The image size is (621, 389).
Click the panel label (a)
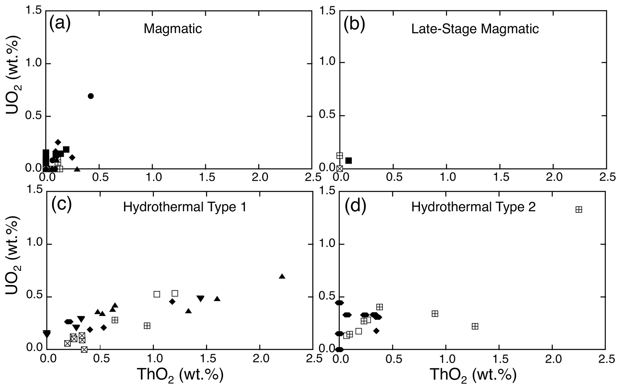point(60,23)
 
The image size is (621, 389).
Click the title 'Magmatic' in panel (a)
point(173,29)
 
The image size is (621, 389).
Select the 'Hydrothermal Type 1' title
point(185,207)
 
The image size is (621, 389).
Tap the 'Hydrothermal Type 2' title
point(473,207)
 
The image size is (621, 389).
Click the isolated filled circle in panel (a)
point(91,96)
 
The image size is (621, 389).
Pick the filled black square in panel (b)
point(349,161)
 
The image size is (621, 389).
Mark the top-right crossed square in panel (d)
point(579,210)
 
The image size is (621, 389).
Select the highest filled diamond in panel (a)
point(58,142)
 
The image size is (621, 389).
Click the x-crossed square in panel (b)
point(340,169)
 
